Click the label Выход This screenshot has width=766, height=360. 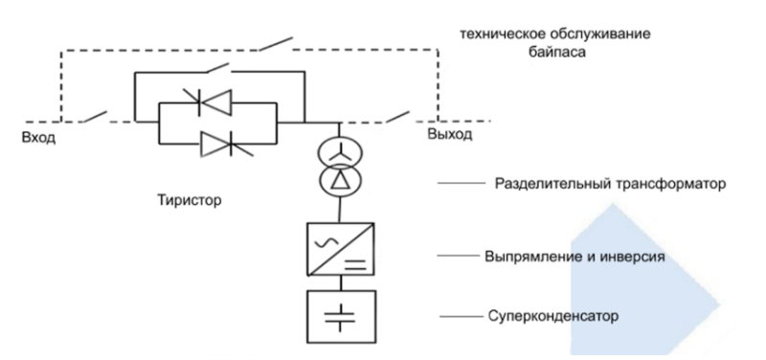(x=449, y=136)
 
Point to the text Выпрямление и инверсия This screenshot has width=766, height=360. (x=582, y=258)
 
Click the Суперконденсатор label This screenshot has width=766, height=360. (x=575, y=313)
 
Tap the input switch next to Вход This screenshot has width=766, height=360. (x=94, y=117)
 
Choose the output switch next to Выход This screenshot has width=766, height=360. (x=398, y=117)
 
